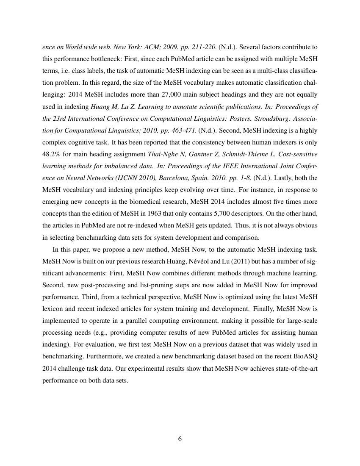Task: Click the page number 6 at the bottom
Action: [x=180, y=438]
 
